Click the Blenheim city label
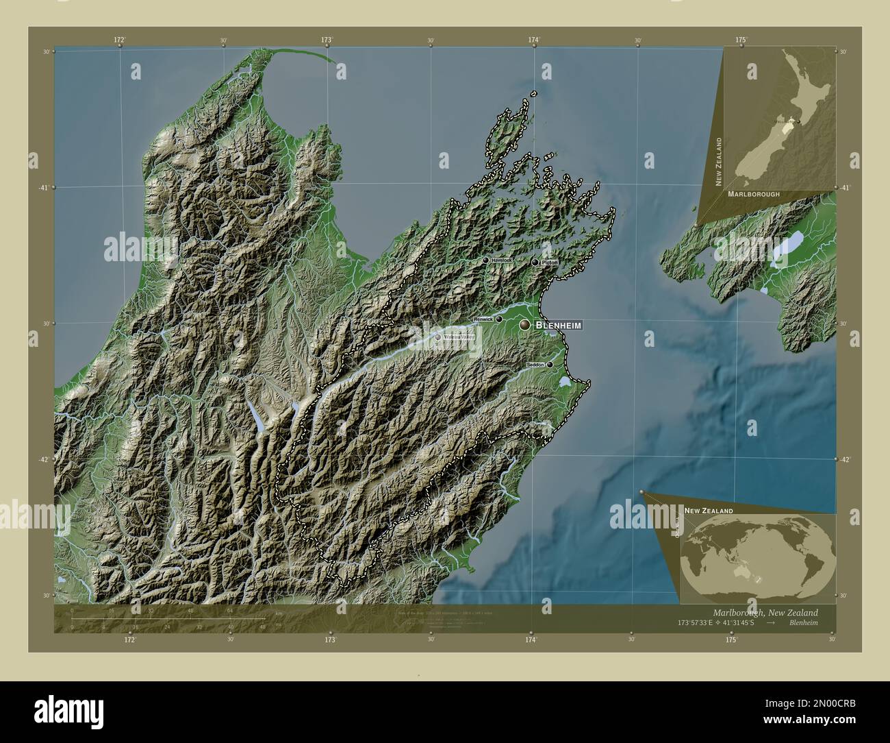[559, 325]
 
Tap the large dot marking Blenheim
[525, 325]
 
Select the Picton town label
[549, 263]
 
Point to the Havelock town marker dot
[485, 260]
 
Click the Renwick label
[483, 319]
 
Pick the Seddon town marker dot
[549, 365]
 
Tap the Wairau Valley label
[459, 337]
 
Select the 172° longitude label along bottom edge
[129, 639]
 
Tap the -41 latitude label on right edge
[845, 187]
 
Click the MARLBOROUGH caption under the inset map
[754, 195]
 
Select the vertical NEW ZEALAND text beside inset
[719, 161]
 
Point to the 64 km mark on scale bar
[230, 612]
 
